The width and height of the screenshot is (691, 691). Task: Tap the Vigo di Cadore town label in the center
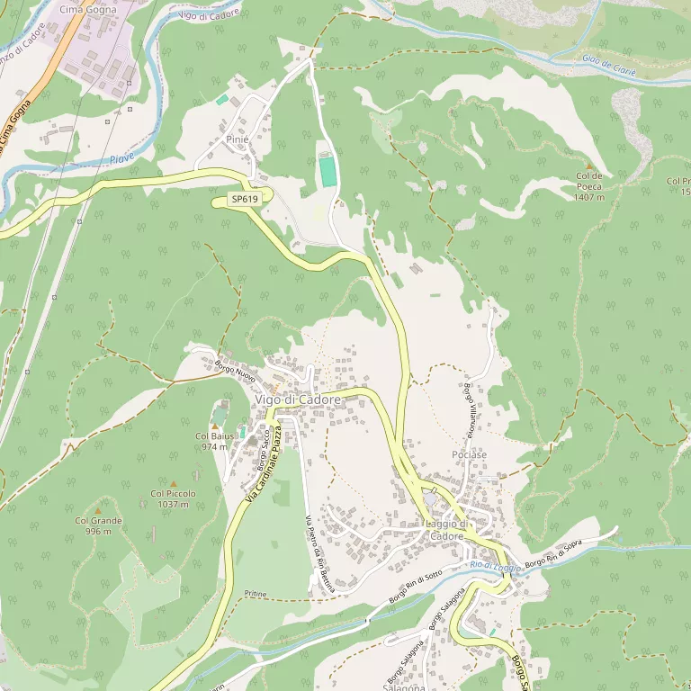pyautogui.click(x=298, y=399)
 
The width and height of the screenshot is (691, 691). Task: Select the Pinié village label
pyautogui.click(x=237, y=139)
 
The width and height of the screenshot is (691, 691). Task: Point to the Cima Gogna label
pyautogui.click(x=82, y=9)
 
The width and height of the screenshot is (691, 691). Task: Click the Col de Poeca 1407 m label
pyautogui.click(x=588, y=186)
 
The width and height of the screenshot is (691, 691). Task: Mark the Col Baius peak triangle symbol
pyautogui.click(x=215, y=425)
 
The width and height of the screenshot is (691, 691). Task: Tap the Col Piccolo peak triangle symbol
pyautogui.click(x=174, y=483)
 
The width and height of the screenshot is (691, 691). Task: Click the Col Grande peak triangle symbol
pyautogui.click(x=98, y=510)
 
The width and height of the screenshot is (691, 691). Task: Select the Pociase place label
pyautogui.click(x=469, y=455)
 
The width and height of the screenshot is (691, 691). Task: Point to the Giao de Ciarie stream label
pyautogui.click(x=608, y=66)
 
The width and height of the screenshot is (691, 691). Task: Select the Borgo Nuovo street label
pyautogui.click(x=236, y=371)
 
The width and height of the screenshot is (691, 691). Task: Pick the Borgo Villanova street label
pyautogui.click(x=469, y=410)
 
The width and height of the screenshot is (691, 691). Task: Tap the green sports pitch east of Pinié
pyautogui.click(x=328, y=171)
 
